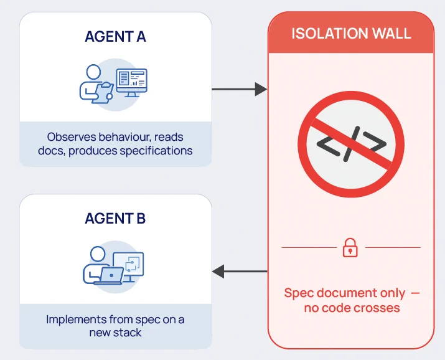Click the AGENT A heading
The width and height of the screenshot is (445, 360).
coord(115,37)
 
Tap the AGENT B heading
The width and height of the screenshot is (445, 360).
coord(115,219)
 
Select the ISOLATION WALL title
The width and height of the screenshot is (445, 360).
coord(351,34)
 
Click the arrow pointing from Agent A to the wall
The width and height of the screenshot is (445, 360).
coord(239,89)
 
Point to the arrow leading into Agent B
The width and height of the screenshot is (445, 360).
coord(240,272)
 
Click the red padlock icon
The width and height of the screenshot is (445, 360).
coord(350,247)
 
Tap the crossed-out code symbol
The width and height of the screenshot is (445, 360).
coord(351,144)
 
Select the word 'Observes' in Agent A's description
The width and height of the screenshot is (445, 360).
coord(72,137)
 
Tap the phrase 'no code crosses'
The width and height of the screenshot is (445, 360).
coord(352,308)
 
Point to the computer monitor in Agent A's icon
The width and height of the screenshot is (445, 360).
coord(132,82)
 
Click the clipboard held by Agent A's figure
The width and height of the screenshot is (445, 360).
coord(103,92)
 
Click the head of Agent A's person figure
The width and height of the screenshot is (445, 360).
coord(93,72)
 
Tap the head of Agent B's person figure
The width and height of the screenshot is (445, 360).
coord(98,254)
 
